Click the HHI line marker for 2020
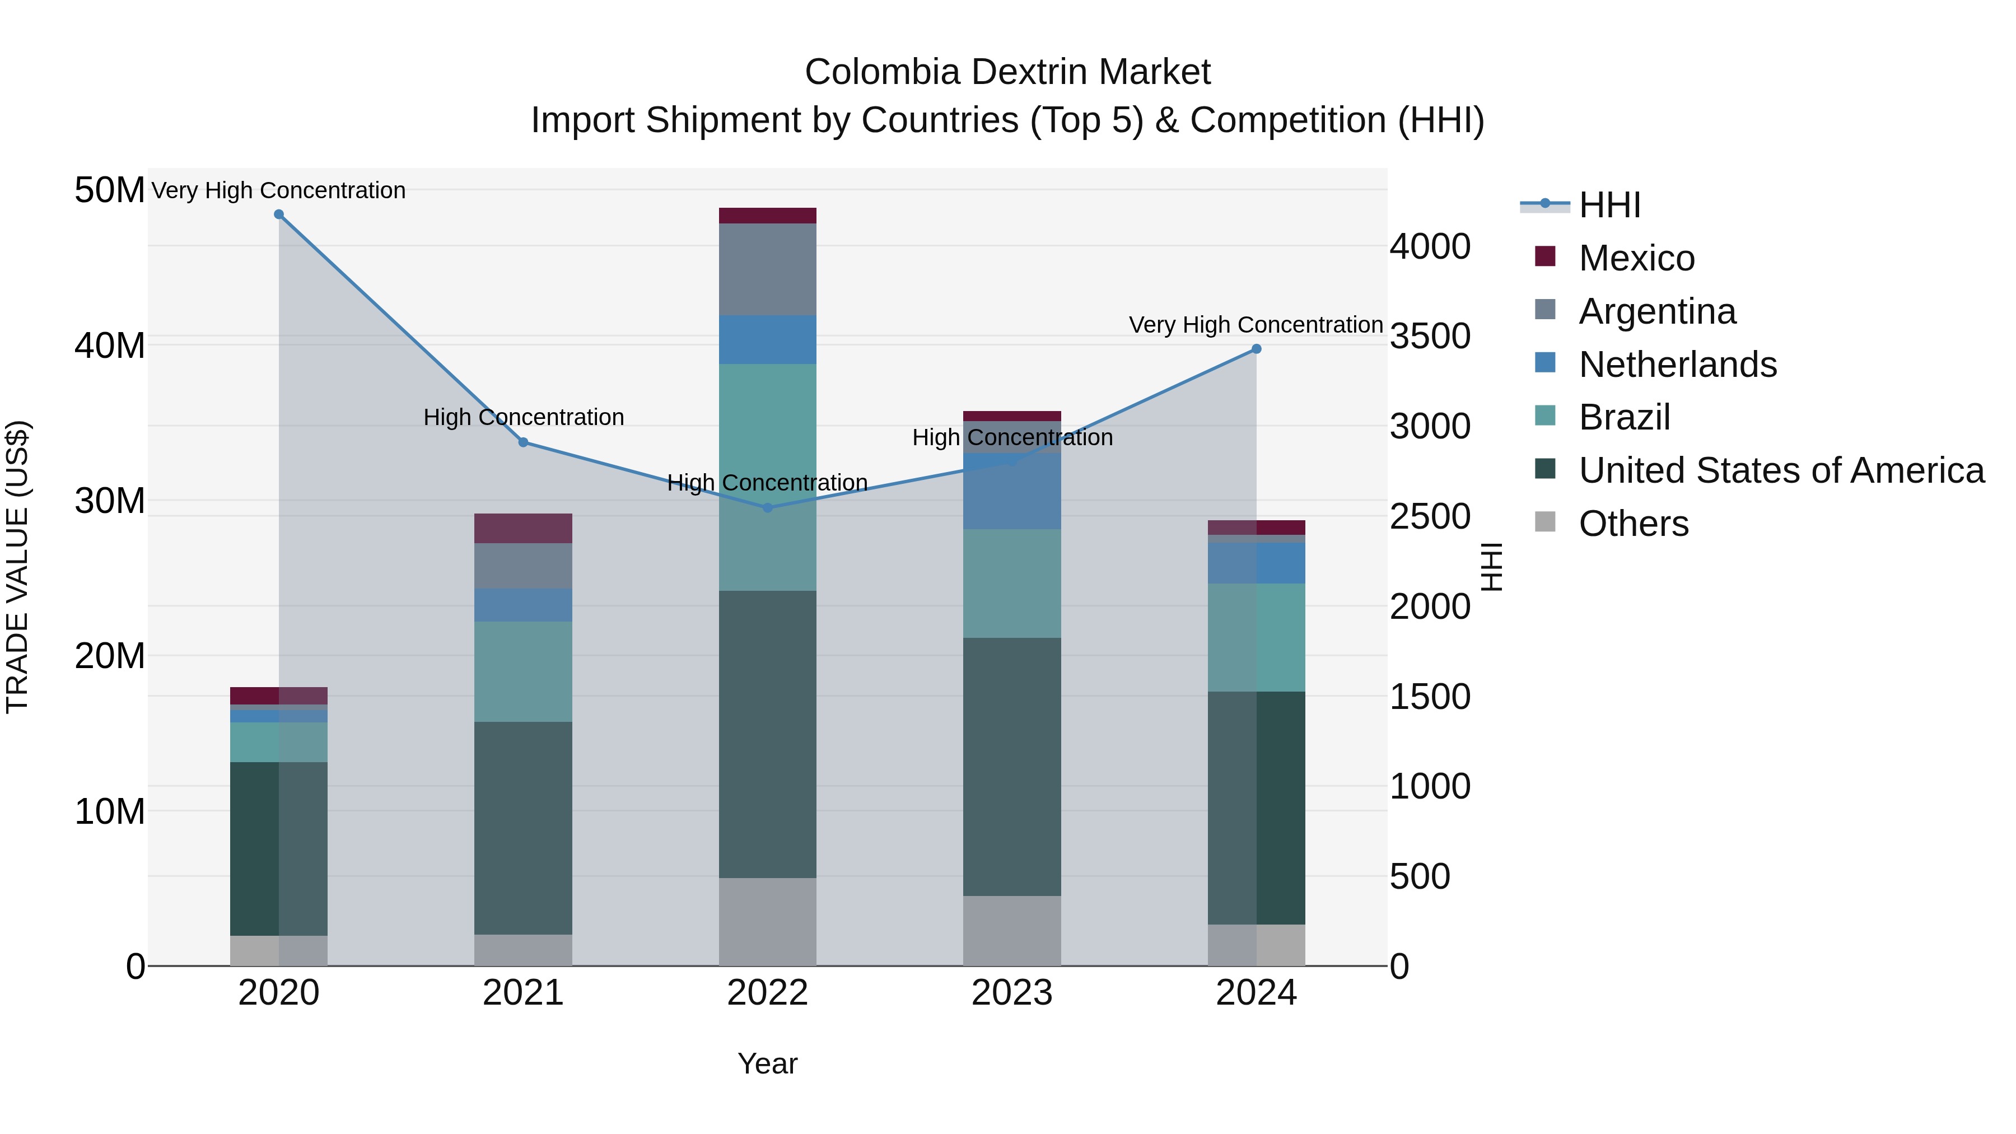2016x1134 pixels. pos(279,214)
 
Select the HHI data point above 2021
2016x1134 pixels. pos(524,442)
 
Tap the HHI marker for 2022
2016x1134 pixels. pos(768,508)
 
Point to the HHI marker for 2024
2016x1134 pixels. pos(1256,349)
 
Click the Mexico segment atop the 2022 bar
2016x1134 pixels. pos(767,216)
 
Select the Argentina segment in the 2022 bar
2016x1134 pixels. pos(767,270)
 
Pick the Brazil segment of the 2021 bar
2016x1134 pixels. pos(523,671)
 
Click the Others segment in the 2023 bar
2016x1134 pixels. pos(1011,931)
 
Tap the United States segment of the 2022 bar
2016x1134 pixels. pos(767,734)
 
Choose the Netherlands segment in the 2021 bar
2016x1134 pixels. pos(523,605)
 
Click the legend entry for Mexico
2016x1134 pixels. pos(1636,258)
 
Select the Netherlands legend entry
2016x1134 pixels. pos(1677,365)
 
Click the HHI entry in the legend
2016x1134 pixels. pos(1609,205)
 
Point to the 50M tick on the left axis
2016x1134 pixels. pos(110,190)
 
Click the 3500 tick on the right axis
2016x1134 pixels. pos(1430,337)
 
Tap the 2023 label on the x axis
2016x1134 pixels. pos(1011,993)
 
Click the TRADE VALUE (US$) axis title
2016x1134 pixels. pos(17,567)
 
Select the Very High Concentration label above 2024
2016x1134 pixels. pos(1256,325)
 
